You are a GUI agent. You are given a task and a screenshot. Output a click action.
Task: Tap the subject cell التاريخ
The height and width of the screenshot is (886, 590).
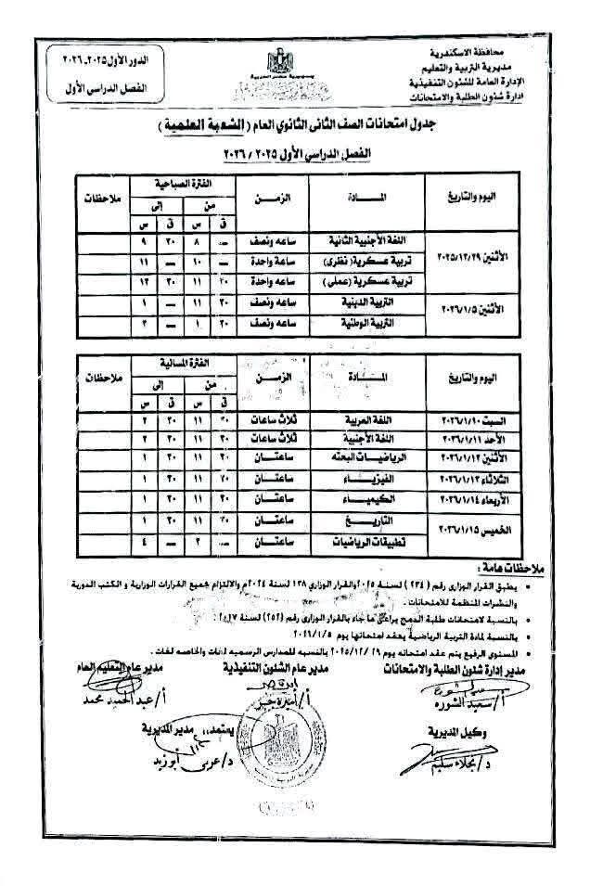356,521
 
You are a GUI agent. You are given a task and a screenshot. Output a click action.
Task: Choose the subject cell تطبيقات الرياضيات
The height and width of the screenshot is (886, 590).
356,543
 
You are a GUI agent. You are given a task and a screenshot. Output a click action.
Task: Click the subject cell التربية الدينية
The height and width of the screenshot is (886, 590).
356,302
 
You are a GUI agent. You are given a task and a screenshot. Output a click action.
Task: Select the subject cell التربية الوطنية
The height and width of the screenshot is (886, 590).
356,324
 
